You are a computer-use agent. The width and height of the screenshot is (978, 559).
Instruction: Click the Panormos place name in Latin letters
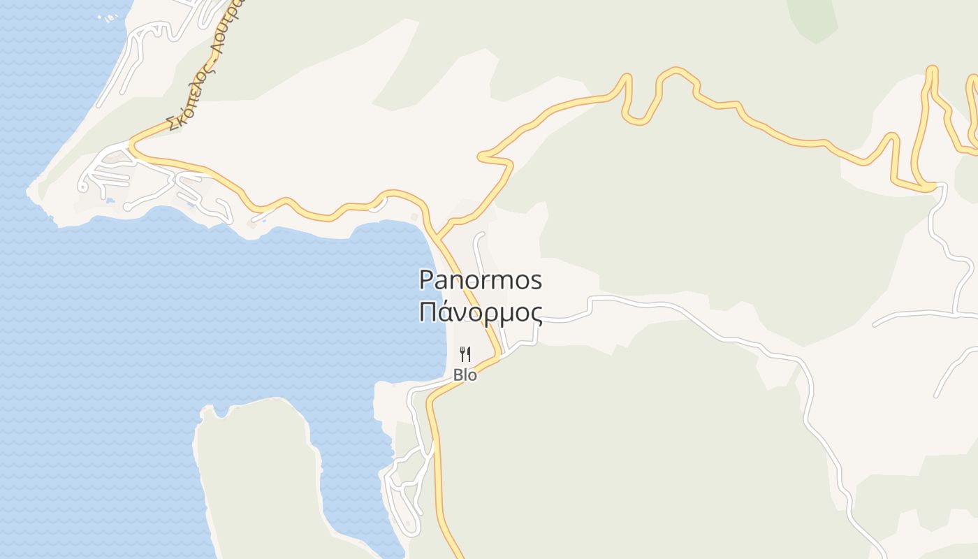[481, 280]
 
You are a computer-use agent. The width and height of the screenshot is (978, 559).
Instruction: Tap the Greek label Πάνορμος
[481, 312]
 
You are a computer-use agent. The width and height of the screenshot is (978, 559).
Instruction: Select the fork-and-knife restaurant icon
[465, 354]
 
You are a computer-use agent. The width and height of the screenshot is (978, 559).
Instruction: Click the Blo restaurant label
[465, 375]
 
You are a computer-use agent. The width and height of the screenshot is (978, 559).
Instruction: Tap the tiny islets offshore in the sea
[108, 17]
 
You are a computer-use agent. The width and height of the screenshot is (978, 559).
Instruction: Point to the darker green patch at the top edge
[812, 17]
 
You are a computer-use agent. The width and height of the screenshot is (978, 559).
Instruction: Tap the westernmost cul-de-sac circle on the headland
[83, 187]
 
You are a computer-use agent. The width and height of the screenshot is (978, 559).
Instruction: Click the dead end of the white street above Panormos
[481, 235]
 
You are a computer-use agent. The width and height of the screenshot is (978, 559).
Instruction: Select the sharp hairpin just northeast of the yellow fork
[482, 156]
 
